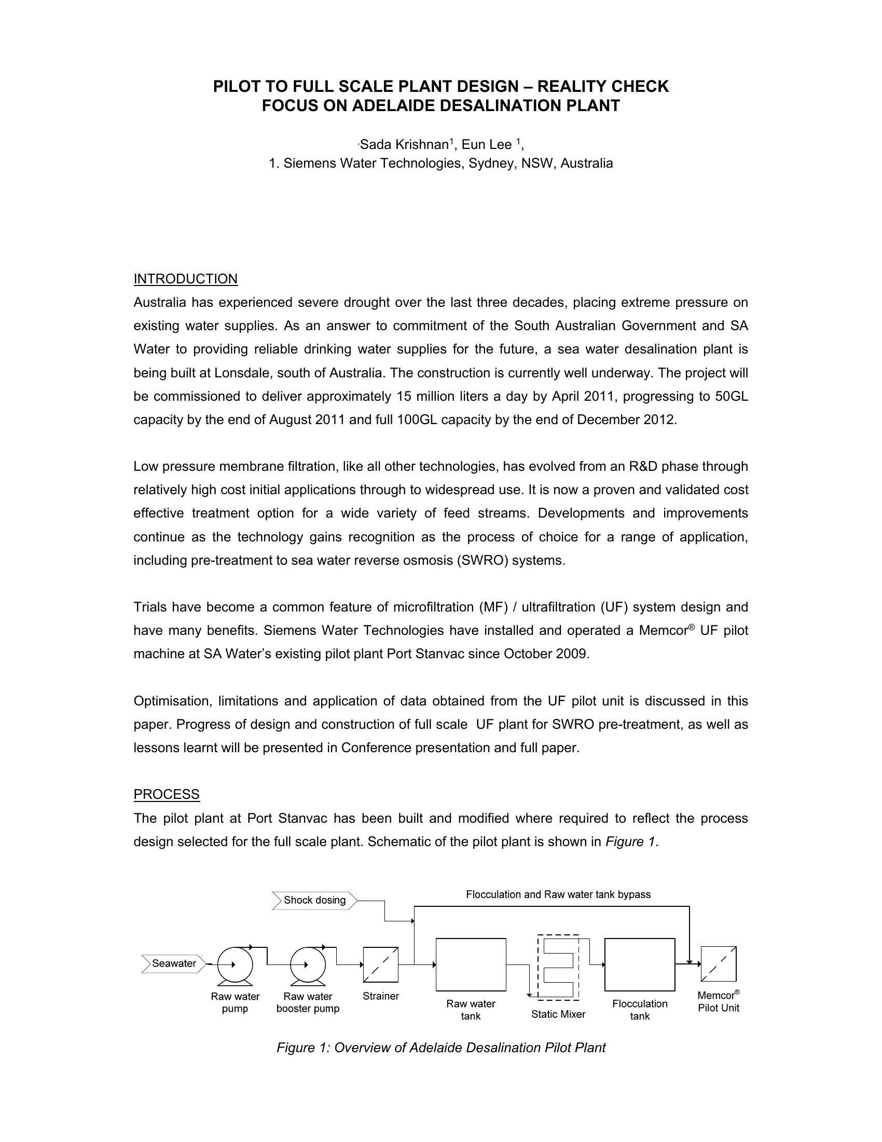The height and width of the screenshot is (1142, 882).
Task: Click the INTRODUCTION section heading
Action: click(x=186, y=279)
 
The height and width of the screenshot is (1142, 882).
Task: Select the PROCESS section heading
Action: click(x=166, y=794)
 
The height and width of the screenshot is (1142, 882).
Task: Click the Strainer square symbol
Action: click(x=380, y=965)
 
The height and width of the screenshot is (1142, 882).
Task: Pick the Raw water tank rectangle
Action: click(x=471, y=964)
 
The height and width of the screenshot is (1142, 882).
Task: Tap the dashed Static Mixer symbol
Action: click(x=559, y=967)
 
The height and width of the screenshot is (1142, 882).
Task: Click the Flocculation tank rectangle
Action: click(x=640, y=964)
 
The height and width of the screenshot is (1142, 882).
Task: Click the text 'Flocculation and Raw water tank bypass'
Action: click(x=558, y=894)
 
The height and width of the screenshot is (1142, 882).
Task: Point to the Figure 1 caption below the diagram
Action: click(x=440, y=1048)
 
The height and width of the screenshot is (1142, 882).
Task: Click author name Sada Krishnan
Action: click(x=405, y=144)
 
